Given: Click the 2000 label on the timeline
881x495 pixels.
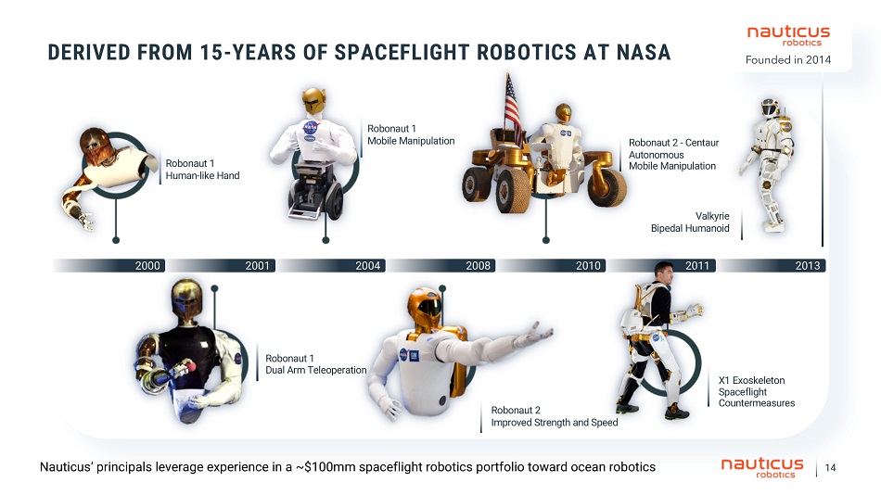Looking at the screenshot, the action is click(x=147, y=266).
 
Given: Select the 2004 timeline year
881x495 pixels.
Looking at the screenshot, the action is click(x=367, y=266).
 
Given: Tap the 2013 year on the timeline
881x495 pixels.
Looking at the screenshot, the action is click(x=808, y=266).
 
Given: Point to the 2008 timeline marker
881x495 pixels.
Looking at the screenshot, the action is click(x=478, y=266).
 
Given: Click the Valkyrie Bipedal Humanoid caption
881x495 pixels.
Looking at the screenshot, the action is click(x=690, y=222).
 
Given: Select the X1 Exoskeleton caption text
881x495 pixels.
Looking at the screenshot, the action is click(x=756, y=391).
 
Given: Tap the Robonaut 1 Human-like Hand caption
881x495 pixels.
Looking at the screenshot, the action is click(x=202, y=169).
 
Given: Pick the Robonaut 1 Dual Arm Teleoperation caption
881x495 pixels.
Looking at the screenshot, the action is click(x=315, y=364).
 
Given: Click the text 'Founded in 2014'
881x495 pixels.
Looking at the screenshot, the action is click(x=787, y=59).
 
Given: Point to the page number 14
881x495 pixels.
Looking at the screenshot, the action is click(x=830, y=467).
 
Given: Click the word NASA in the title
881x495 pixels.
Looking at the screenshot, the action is click(x=644, y=52).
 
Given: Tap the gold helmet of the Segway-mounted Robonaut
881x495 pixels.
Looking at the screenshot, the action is click(x=313, y=100).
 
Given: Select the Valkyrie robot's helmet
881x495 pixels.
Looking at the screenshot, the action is click(x=769, y=108).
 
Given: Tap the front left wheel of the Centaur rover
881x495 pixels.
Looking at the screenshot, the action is click(x=512, y=192).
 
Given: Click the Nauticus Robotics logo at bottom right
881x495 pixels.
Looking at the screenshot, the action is click(x=762, y=467).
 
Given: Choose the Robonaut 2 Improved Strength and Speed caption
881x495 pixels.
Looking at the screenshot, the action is click(x=554, y=416).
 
